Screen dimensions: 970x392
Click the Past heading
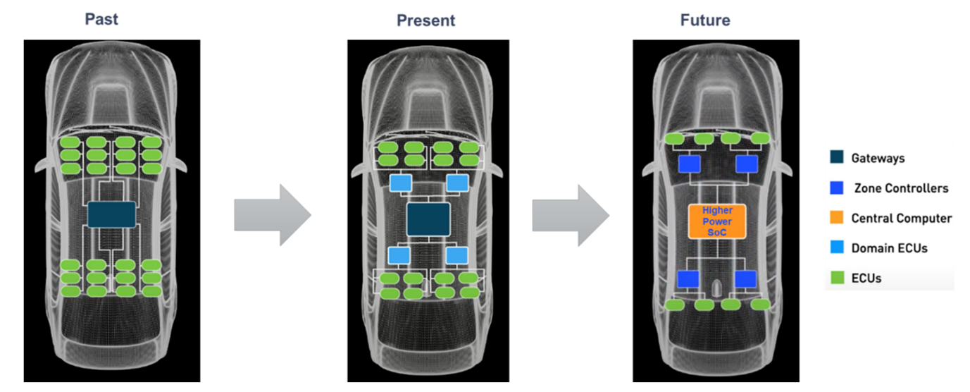[101, 19]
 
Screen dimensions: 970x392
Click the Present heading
[425, 20]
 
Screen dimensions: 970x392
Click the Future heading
[705, 20]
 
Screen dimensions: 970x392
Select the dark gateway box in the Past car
[112, 214]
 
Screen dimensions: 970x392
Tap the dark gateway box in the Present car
[428, 219]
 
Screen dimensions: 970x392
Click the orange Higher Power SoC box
[717, 221]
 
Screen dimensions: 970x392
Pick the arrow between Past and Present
[273, 215]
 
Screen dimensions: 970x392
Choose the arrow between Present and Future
[571, 215]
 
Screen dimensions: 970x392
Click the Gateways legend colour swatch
[837, 157]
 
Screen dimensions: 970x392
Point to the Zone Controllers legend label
[901, 188]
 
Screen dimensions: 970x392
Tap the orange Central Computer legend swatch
[837, 217]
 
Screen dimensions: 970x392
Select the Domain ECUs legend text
[890, 248]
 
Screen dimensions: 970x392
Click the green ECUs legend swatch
[838, 278]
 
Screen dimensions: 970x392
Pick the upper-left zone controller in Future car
[690, 164]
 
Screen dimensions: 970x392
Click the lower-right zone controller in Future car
[746, 278]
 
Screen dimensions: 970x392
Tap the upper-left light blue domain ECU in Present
[401, 183]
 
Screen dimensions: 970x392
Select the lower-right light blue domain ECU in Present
[457, 255]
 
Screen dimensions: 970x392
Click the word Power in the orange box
[717, 221]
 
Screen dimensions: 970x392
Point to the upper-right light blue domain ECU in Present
[457, 183]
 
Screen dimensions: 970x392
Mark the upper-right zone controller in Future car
[747, 164]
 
